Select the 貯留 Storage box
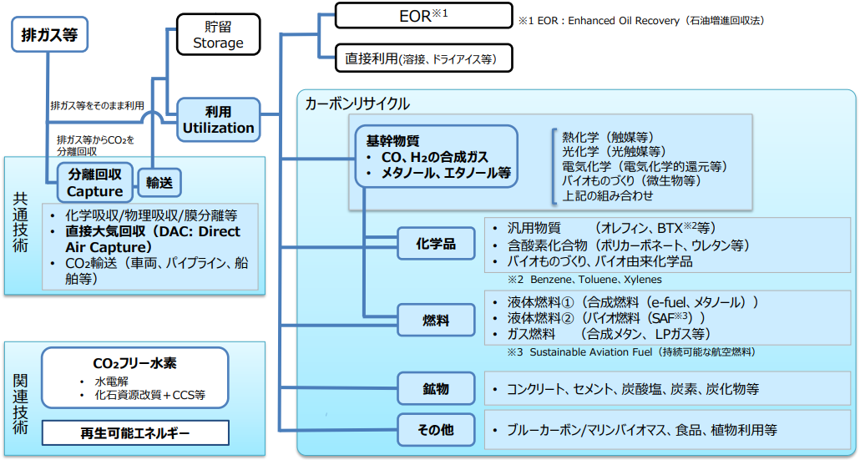218,35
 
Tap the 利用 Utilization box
218,119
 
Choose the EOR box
422,16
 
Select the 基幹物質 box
434,156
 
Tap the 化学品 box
435,244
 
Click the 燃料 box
435,320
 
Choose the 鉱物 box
435,389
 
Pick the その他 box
435,430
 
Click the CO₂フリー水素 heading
134,364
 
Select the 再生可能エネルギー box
134,433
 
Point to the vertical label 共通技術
21,224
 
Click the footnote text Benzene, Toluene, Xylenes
599,279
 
